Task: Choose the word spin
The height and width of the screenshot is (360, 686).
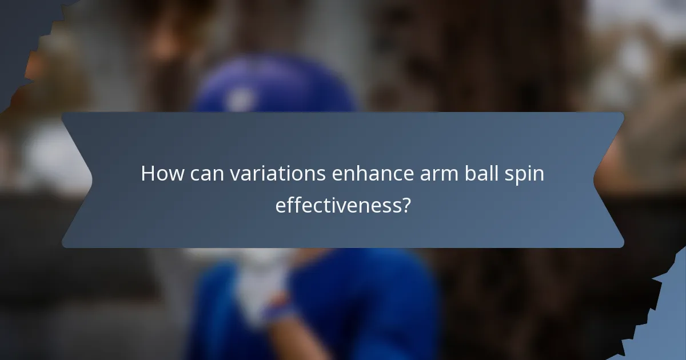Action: pyautogui.click(x=525, y=174)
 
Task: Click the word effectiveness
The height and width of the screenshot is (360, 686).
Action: pyautogui.click(x=338, y=205)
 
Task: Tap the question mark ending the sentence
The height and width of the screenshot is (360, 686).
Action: pyautogui.click(x=406, y=205)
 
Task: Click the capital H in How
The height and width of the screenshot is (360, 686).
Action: pyautogui.click(x=148, y=174)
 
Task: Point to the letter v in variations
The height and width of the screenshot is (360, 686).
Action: pyautogui.click(x=234, y=175)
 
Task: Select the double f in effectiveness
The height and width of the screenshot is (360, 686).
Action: pyautogui.click(x=291, y=205)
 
